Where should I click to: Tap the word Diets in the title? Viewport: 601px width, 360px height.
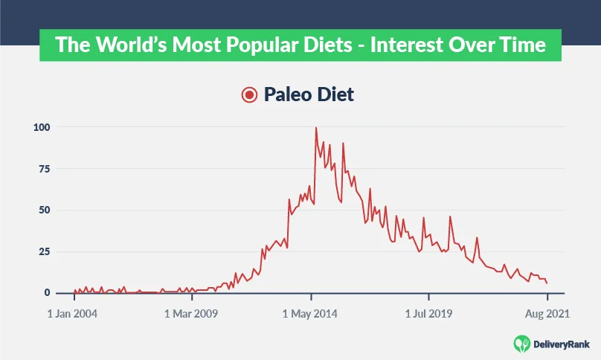(318, 45)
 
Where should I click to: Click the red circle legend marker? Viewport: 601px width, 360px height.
(248, 94)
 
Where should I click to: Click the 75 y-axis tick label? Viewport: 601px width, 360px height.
(44, 169)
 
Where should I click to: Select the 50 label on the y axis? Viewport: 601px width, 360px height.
(44, 210)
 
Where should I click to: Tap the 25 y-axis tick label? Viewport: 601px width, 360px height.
(44, 251)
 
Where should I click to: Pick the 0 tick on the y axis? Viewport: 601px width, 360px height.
(47, 293)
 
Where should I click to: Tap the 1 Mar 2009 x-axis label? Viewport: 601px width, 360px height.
(191, 314)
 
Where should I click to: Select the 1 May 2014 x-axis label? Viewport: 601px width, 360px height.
(311, 314)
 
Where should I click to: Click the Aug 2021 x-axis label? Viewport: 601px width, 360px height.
(547, 314)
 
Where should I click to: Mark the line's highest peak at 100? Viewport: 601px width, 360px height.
(316, 127)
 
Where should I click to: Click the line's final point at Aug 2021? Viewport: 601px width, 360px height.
(547, 283)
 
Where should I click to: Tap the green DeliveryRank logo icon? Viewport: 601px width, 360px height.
(523, 343)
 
